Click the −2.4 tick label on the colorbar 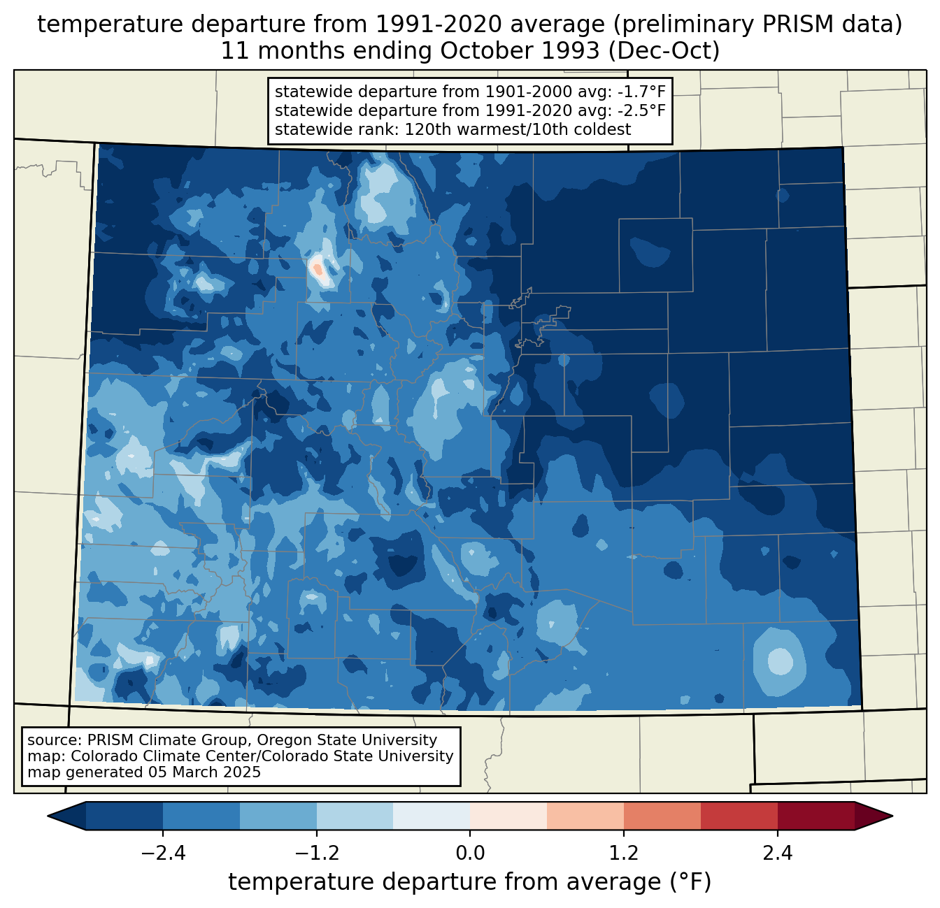click(163, 853)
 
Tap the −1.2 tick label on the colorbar click(317, 853)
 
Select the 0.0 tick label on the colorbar click(470, 853)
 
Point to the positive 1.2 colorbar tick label click(624, 853)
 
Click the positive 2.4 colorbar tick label click(778, 853)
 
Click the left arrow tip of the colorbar click(48, 816)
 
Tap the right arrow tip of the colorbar click(892, 816)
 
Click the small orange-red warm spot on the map click(318, 268)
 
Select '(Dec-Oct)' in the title click(664, 51)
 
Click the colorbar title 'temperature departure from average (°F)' click(469, 881)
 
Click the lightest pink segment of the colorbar click(508, 816)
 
